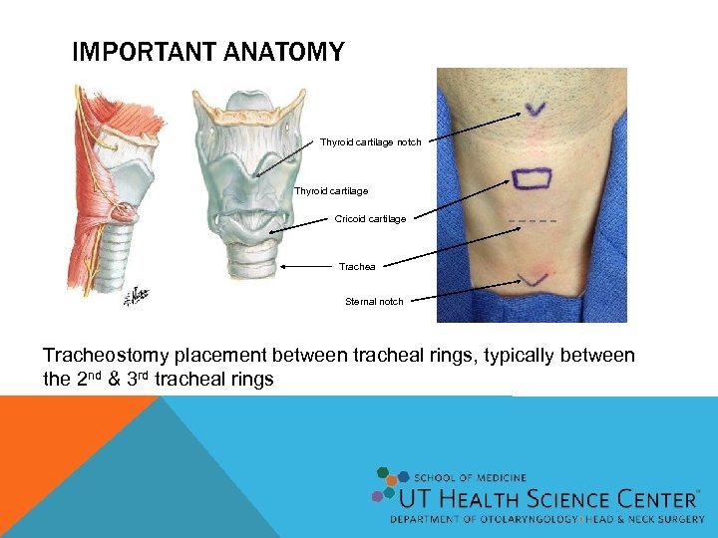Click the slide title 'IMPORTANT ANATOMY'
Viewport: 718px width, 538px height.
click(207, 52)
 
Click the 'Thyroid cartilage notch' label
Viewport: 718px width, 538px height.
click(370, 142)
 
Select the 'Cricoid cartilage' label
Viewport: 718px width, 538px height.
click(370, 219)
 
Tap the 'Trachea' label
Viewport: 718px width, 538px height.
click(356, 266)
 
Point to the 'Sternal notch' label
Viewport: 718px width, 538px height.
click(374, 301)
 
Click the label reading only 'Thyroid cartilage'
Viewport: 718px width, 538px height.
click(330, 190)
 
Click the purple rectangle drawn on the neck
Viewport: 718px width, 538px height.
click(533, 177)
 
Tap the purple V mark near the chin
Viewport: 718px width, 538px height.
click(537, 108)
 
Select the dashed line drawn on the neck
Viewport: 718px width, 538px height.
click(532, 219)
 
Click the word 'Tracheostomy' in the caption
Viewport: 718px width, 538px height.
click(106, 356)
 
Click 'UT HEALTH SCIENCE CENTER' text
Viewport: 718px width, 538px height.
click(548, 499)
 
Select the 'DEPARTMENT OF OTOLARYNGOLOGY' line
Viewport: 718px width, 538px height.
click(479, 520)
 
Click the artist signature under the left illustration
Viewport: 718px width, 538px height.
click(138, 296)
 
